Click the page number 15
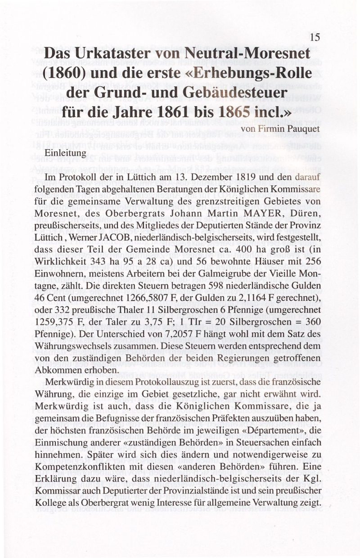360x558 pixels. pyautogui.click(x=315, y=37)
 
